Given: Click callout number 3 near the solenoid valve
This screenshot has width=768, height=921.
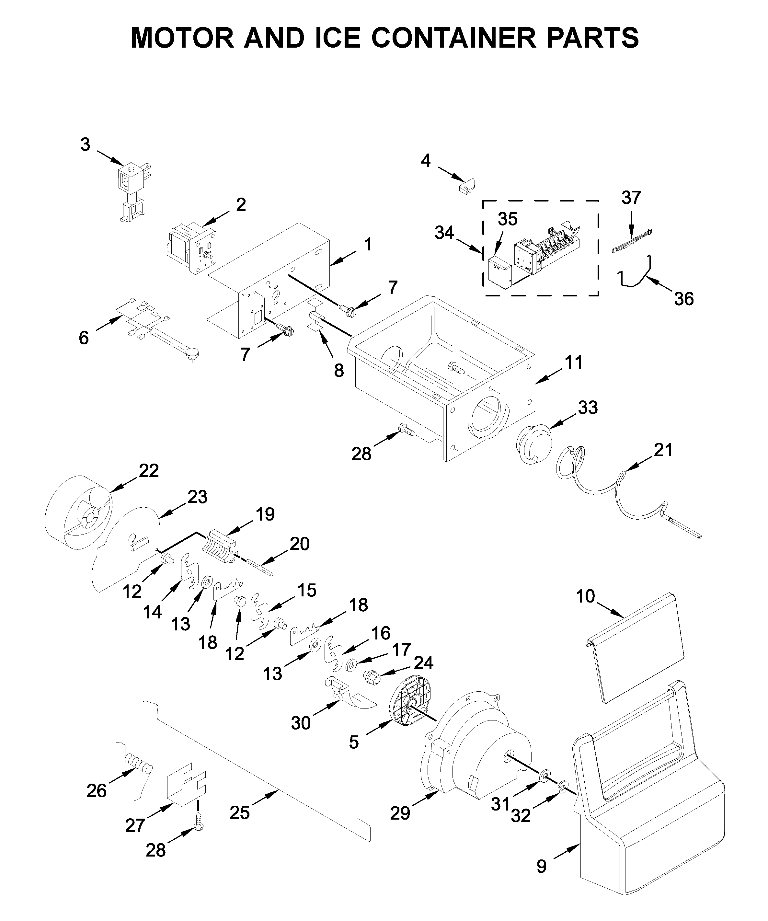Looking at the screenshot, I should coord(85,144).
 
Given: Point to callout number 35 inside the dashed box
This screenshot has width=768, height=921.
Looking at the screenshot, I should coord(508,219).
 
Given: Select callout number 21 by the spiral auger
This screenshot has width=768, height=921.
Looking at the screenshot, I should coord(663,450).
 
